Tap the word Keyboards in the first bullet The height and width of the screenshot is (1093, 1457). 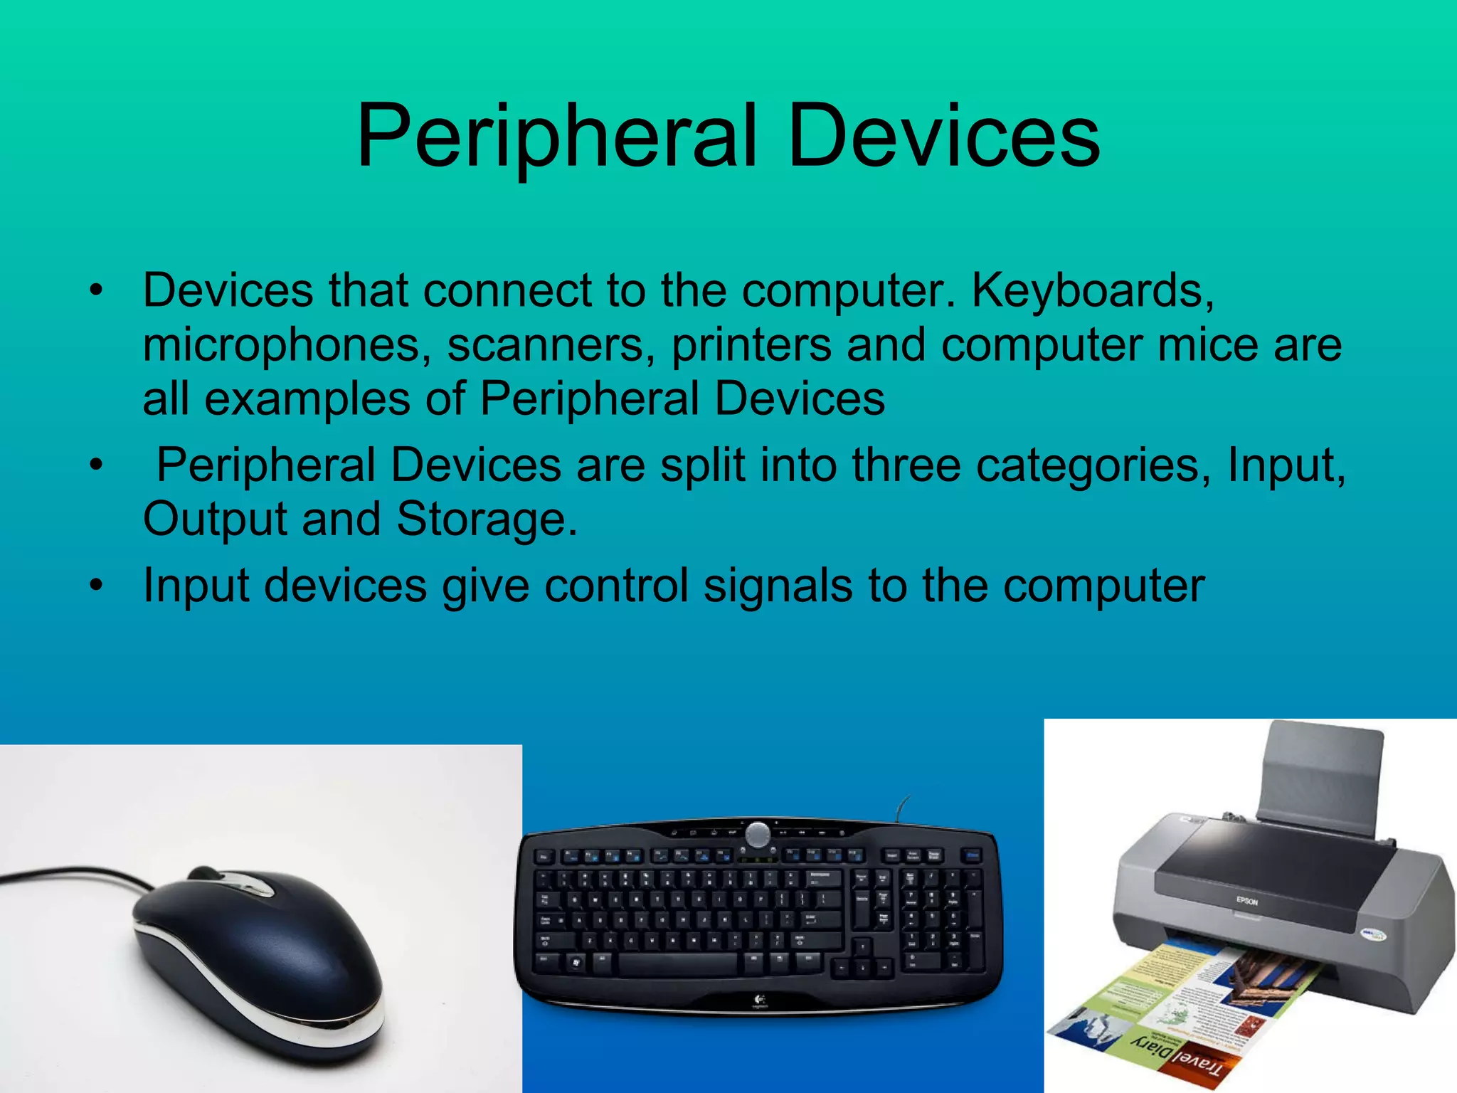point(1093,290)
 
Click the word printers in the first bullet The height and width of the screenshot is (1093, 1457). point(751,344)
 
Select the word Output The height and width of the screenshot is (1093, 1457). point(215,518)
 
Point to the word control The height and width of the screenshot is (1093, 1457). point(616,585)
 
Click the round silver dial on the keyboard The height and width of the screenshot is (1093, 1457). point(757,833)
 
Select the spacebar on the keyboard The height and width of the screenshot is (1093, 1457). point(677,964)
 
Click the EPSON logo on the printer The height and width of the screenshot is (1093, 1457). point(1247,902)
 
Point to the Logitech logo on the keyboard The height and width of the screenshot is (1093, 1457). point(758,1002)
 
